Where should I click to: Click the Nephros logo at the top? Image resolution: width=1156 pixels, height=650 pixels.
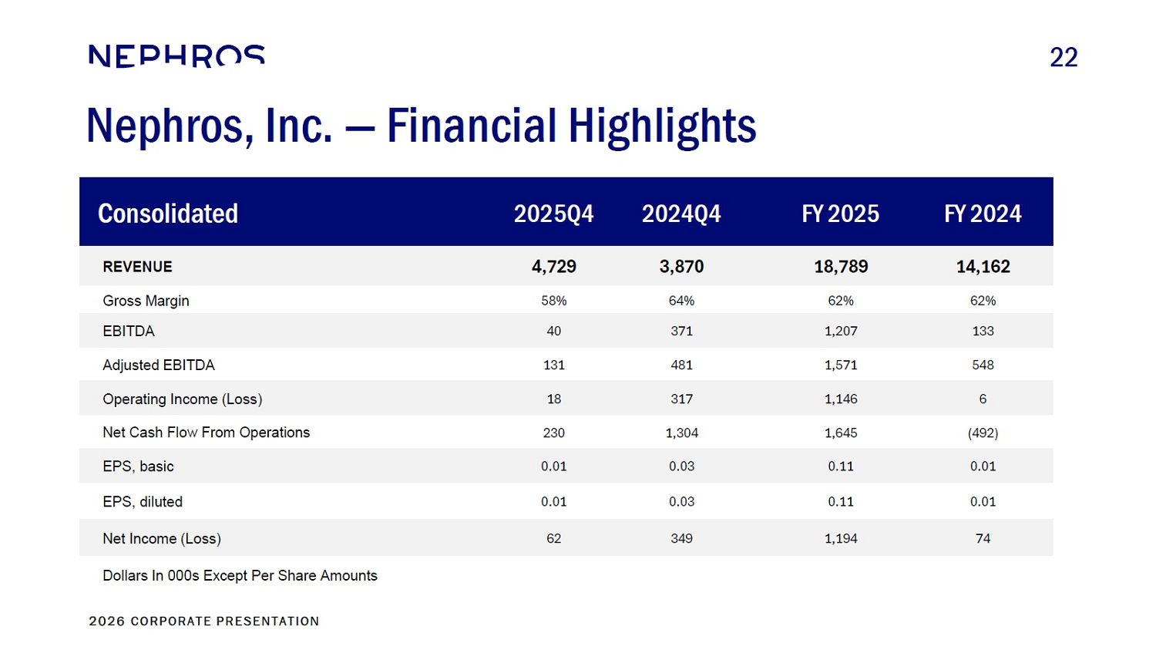tap(176, 56)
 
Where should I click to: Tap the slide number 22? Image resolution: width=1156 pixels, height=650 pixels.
tap(1064, 57)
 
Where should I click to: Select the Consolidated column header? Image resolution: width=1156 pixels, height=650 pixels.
tap(168, 214)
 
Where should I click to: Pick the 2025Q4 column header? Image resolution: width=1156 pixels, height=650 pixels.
tap(553, 214)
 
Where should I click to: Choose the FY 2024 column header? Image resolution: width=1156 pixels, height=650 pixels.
tap(983, 214)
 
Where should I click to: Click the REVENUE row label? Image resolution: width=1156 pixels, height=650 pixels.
tap(137, 267)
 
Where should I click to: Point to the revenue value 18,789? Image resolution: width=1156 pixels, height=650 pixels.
tap(841, 267)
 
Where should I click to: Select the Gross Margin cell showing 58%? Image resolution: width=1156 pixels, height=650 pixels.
tap(553, 301)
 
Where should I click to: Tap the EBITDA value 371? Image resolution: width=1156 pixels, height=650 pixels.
tap(681, 331)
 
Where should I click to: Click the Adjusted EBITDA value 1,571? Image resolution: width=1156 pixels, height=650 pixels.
tap(841, 365)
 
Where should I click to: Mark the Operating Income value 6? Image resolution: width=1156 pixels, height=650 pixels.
tap(983, 399)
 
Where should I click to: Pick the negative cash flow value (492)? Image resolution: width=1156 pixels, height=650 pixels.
tap(983, 433)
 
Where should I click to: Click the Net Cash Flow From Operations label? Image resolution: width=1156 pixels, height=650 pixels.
tap(206, 433)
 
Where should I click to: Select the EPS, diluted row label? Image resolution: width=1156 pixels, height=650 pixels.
tap(143, 502)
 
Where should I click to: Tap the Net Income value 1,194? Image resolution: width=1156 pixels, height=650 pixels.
tap(841, 538)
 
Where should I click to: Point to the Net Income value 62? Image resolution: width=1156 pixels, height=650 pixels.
tap(553, 538)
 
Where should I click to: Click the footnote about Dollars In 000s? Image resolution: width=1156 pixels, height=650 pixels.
tap(240, 576)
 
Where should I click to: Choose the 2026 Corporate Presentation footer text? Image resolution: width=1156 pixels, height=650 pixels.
tap(203, 621)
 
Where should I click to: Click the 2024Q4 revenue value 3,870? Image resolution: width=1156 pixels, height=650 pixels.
tap(681, 267)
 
